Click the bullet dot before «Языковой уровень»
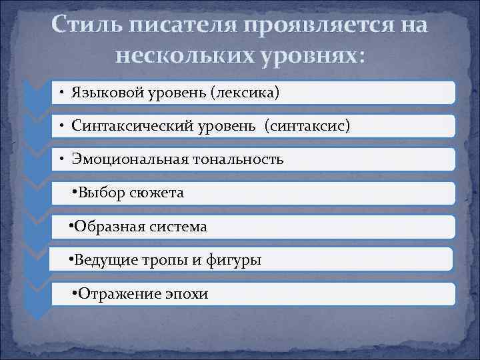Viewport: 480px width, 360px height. click(x=60, y=92)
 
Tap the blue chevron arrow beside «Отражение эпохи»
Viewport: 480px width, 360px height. click(x=37, y=297)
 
